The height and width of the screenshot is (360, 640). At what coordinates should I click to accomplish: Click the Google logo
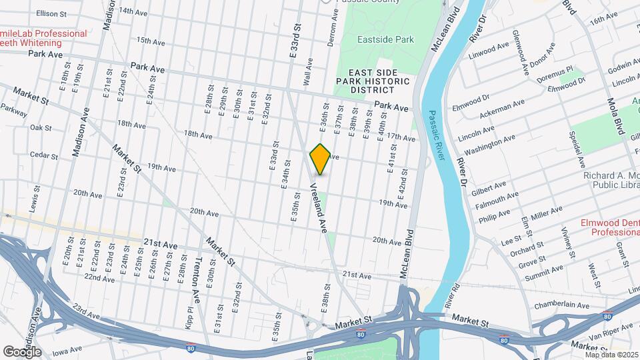(x=22, y=351)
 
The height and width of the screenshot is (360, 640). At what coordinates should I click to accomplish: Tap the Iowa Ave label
(x=70, y=350)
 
